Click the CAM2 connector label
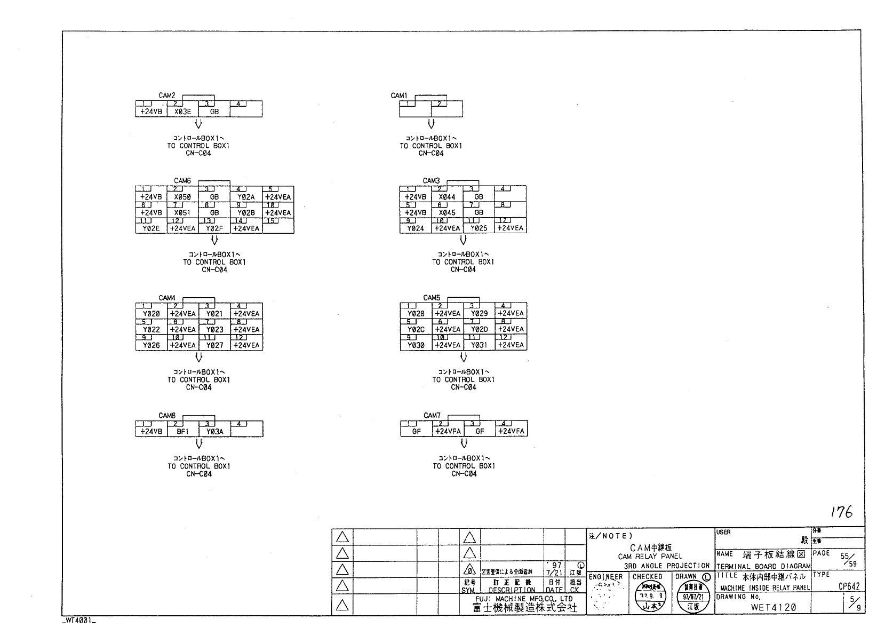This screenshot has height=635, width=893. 167,96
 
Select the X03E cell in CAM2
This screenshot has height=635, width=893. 182,112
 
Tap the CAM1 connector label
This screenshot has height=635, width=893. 398,96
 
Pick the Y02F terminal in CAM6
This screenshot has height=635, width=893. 214,228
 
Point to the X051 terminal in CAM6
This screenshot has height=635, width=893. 182,213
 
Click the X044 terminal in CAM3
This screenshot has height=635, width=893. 447,197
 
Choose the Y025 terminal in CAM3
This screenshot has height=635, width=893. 479,228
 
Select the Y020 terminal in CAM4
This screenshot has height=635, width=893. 152,314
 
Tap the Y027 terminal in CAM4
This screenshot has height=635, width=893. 214,345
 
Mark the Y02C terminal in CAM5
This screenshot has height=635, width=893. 416,329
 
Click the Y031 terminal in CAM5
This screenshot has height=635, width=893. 479,345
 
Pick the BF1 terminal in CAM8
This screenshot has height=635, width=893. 183,432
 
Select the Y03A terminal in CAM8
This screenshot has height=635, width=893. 214,432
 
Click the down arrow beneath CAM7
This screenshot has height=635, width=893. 464,443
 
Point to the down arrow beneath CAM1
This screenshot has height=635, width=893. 431,124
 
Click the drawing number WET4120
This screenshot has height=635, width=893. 773,607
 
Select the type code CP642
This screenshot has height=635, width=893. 849,586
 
